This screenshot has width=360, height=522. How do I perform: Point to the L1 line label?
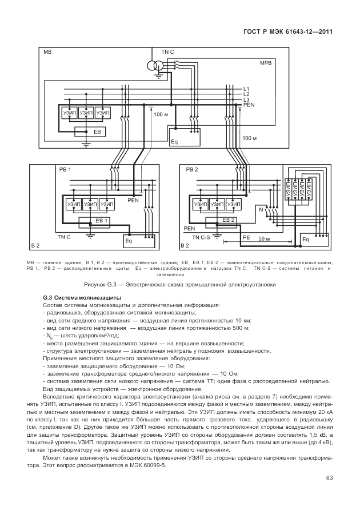pyautogui.click(x=246, y=89)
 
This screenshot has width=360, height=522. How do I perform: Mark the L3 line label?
pyautogui.click(x=246, y=99)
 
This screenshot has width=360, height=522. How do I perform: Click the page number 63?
pyautogui.click(x=329, y=478)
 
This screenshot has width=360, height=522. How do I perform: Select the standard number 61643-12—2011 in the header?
pyautogui.click(x=306, y=32)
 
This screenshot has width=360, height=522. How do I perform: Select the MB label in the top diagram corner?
pyautogui.click(x=47, y=52)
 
